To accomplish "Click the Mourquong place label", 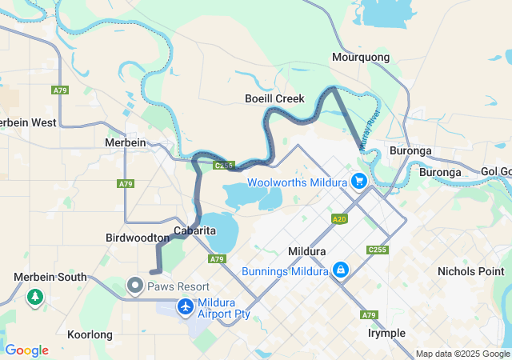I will (x=360, y=58).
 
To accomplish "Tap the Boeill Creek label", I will (x=274, y=98).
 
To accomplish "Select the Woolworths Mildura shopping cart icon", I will (x=358, y=182).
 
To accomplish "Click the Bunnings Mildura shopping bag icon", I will (x=341, y=270).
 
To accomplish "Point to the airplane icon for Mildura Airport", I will (x=186, y=306).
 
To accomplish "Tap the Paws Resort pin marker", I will (x=135, y=286).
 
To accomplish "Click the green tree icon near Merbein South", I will (x=34, y=298).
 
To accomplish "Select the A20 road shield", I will (x=339, y=218).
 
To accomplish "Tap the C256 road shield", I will (x=224, y=166).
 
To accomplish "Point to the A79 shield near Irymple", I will (x=369, y=315).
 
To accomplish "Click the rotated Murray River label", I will (x=370, y=128).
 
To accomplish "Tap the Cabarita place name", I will (x=195, y=230).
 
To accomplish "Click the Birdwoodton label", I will (x=137, y=238).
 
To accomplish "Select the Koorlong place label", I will (x=90, y=334).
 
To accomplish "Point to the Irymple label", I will (x=386, y=333).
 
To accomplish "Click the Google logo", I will (x=26, y=350).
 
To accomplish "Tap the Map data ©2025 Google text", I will (x=462, y=354).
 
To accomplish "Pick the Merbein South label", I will (x=50, y=277).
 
